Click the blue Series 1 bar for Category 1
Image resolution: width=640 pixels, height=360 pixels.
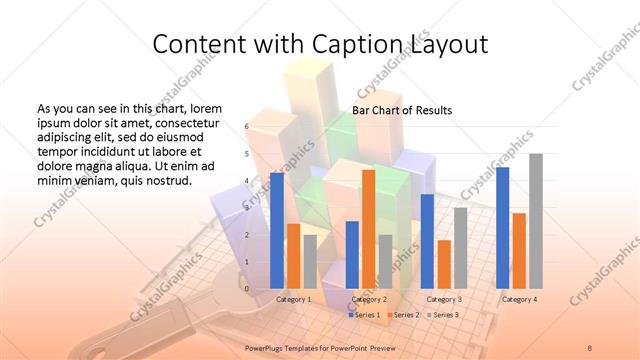[277, 230]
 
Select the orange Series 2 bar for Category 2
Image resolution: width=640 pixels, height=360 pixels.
[368, 228]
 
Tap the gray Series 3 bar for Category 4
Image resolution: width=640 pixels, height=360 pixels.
[535, 220]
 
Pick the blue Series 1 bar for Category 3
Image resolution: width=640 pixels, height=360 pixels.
[427, 240]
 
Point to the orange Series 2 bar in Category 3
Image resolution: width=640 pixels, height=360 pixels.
[444, 263]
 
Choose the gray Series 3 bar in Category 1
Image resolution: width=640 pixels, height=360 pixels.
[310, 261]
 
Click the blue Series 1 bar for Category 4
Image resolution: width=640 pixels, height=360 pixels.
[502, 227]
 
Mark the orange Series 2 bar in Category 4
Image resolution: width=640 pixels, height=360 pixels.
[519, 250]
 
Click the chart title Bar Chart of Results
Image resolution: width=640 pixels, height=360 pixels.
[402, 110]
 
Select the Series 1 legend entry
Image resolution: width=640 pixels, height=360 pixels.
[364, 315]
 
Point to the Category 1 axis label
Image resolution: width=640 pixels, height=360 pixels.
[294, 299]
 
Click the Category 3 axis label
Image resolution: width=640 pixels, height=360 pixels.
[444, 299]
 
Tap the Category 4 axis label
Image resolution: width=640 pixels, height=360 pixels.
[519, 299]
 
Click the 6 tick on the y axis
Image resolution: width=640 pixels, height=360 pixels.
[246, 127]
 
